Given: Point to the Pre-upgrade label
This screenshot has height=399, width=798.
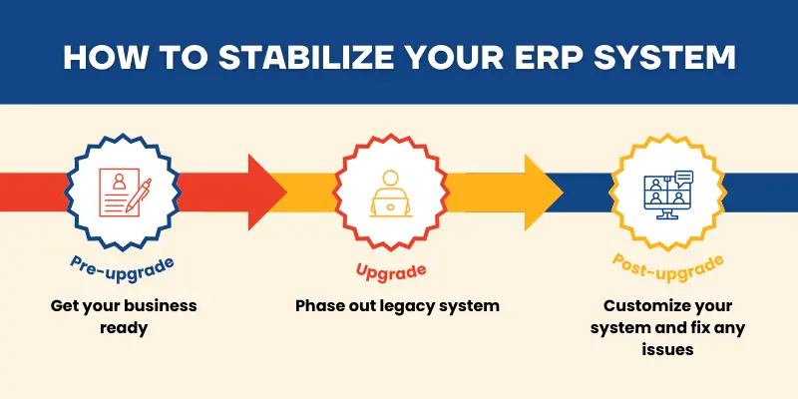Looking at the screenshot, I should [122, 264].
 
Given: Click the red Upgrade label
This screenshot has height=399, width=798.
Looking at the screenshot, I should [391, 270].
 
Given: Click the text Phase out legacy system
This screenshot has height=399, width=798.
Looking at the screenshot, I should [397, 305].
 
